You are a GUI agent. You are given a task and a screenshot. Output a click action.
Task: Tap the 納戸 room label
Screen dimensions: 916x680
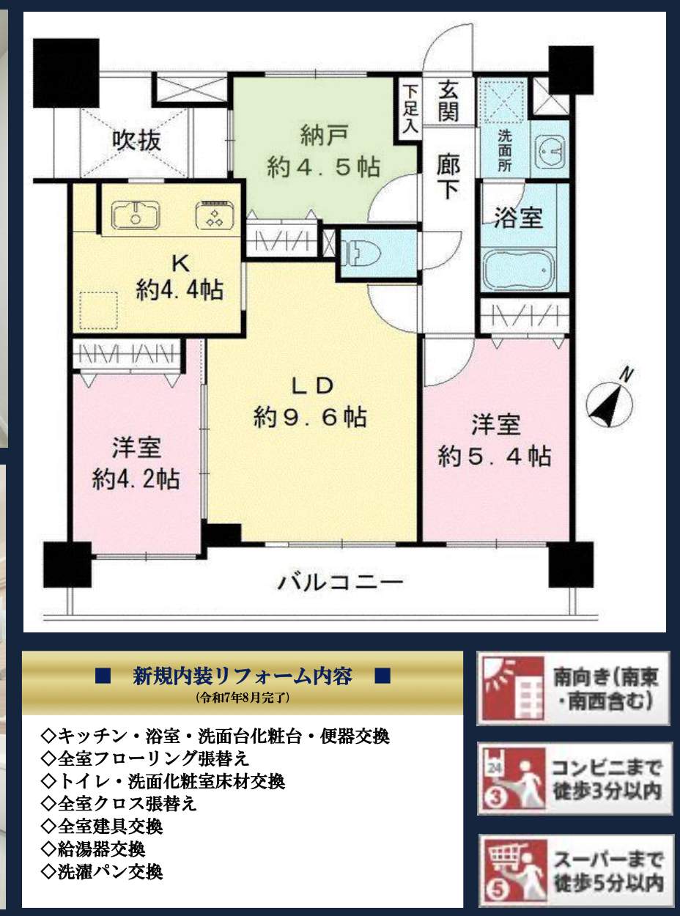click(323, 136)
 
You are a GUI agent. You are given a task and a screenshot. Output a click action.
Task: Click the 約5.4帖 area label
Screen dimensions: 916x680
click(495, 457)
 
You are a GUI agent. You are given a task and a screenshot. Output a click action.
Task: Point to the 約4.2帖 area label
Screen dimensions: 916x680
click(136, 480)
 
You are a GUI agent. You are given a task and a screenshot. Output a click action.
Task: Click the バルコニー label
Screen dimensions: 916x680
click(340, 583)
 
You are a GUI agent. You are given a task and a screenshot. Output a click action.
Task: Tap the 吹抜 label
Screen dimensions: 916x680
click(137, 139)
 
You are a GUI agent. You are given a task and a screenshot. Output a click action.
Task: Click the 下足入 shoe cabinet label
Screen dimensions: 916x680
click(410, 108)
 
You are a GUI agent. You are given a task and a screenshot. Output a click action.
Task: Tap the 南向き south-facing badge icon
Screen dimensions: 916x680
click(508, 688)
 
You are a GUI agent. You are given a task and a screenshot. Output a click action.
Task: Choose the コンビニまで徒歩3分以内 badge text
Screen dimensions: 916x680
click(607, 779)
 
